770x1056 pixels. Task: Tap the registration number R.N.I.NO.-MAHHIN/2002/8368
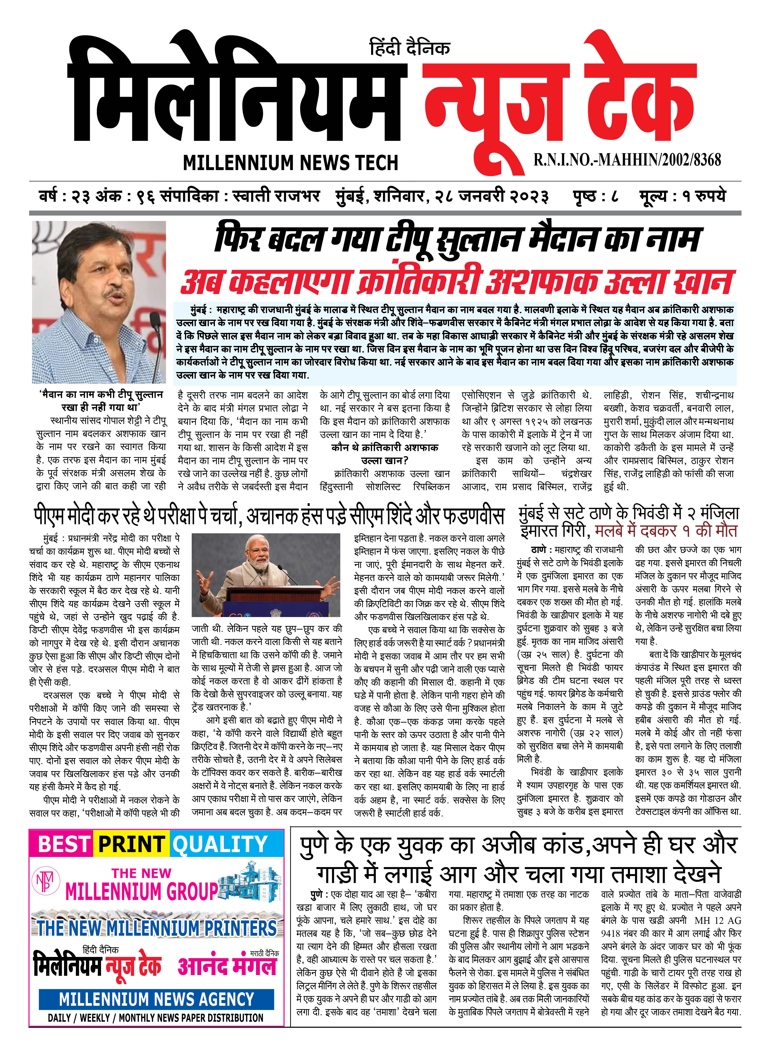(627, 160)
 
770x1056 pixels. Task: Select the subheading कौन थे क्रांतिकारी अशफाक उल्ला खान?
(385, 454)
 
